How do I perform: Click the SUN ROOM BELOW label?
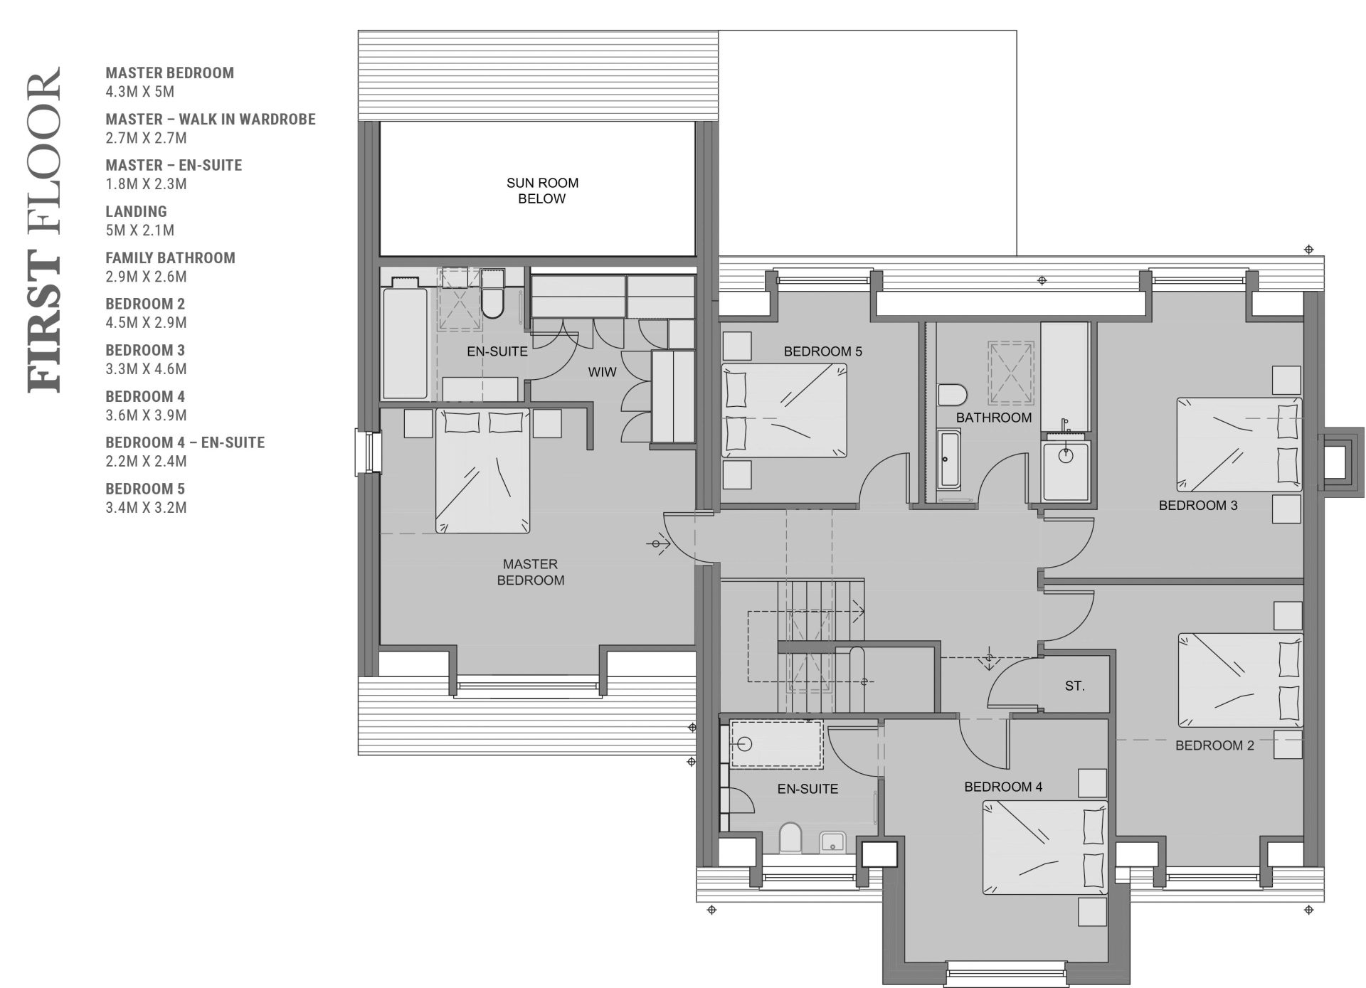[542, 191]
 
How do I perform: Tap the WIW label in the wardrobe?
[602, 372]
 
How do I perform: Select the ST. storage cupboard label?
[1074, 686]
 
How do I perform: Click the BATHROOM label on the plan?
[993, 418]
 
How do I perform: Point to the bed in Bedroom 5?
[784, 410]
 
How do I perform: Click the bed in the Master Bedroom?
[482, 470]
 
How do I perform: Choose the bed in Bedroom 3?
[1239, 445]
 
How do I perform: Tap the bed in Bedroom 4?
[1045, 847]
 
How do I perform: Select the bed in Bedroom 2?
[1241, 680]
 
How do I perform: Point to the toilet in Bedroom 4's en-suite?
[790, 838]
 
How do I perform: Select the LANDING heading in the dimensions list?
[136, 211]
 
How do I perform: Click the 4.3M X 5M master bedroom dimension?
[139, 92]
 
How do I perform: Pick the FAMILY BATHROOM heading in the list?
[170, 257]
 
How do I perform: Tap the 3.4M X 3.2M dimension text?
[146, 508]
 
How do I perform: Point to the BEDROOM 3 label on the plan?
[1198, 506]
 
